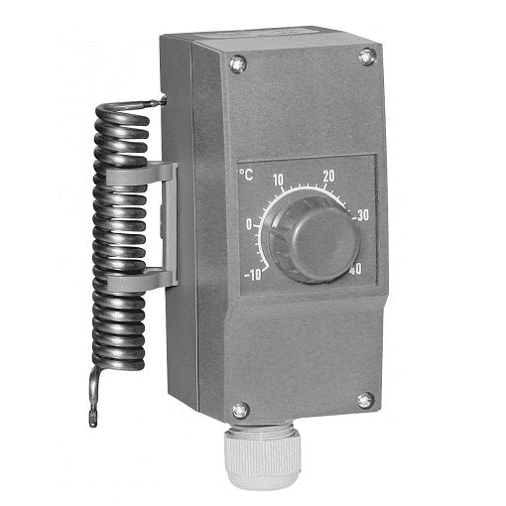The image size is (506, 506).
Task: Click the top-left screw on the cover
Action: [x=238, y=63]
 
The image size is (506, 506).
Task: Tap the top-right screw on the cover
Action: [x=367, y=57]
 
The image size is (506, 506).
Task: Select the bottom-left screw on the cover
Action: [x=241, y=410]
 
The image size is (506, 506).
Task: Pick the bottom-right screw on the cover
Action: [x=366, y=401]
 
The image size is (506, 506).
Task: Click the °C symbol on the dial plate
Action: [x=246, y=175]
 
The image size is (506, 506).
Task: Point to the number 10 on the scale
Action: [x=278, y=180]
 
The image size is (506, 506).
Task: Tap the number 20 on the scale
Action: [x=328, y=177]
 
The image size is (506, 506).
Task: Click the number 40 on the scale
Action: [x=355, y=270]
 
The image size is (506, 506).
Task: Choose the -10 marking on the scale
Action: [x=253, y=275]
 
